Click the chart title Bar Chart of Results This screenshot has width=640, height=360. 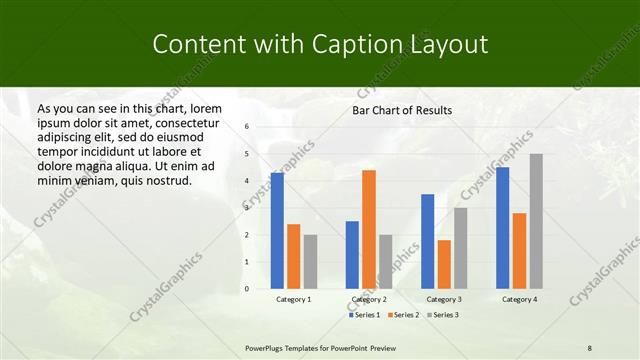[x=401, y=110]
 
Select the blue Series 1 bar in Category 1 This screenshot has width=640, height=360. [x=277, y=230]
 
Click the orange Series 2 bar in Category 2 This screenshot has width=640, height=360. [x=369, y=229]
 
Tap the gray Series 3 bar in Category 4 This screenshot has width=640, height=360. [x=536, y=221]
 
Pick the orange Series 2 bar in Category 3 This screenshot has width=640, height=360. [x=444, y=264]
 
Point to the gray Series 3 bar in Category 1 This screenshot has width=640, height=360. [x=310, y=261]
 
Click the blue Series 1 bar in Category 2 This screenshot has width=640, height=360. [x=352, y=255]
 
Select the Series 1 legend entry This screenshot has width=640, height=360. [x=365, y=315]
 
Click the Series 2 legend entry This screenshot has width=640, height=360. [x=403, y=315]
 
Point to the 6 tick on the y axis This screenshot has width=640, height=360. [x=247, y=127]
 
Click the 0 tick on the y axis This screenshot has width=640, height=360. [x=247, y=289]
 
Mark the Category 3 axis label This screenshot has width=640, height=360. [x=444, y=299]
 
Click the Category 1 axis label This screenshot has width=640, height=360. [x=294, y=299]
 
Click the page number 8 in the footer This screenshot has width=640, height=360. [x=590, y=347]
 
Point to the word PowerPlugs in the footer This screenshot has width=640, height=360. [x=268, y=347]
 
